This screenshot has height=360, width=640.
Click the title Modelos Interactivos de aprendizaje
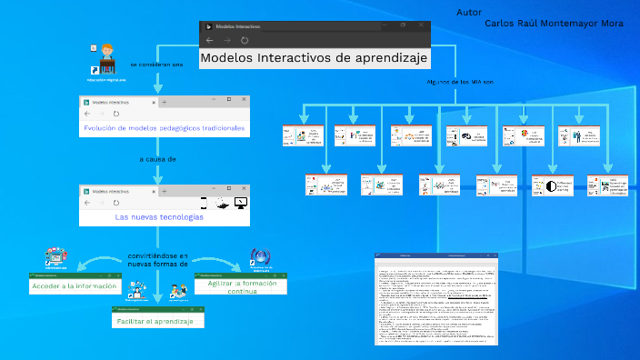coord(314,57)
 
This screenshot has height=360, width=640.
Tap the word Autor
coord(469,13)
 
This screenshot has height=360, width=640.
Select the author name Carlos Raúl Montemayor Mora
coord(554,23)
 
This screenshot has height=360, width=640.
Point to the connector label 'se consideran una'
coord(156,65)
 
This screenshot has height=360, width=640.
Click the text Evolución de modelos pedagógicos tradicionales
coord(165,128)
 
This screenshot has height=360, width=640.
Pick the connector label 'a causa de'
coord(157,158)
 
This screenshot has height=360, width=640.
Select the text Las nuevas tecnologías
coord(159,217)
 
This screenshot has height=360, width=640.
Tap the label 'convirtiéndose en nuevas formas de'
coord(157,260)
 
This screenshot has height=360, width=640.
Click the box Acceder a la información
coord(75,286)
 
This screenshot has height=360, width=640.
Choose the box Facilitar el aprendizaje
coord(158,322)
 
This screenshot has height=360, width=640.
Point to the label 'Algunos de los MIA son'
coord(459,82)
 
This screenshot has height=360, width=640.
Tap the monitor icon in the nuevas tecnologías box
coord(240,202)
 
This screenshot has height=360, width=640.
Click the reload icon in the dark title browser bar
coord(245,40)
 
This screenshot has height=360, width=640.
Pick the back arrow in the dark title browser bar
coord(210,40)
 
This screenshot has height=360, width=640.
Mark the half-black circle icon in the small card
coord(549,186)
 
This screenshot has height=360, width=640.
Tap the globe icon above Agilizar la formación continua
coord(261,258)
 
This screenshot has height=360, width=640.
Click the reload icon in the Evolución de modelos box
coord(115,114)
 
